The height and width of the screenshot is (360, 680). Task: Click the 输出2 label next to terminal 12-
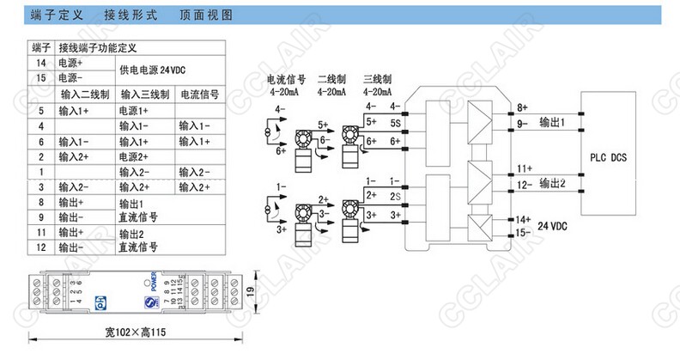pyautogui.click(x=552, y=183)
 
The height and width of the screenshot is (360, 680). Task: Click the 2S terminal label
pyautogui.click(x=395, y=197)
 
